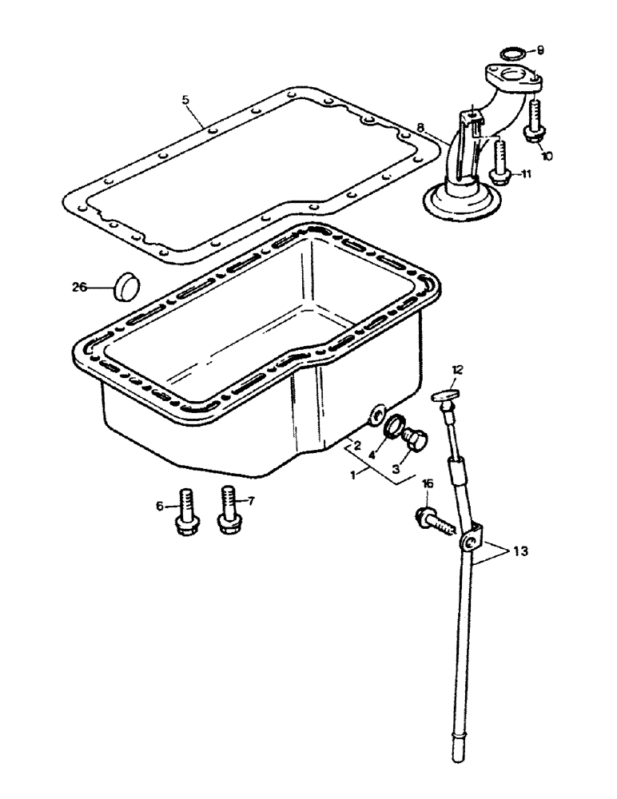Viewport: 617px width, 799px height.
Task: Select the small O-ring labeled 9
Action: [x=512, y=54]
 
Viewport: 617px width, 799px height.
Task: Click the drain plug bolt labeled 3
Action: [x=414, y=439]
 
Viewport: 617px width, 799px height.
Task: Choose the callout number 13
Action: [x=521, y=551]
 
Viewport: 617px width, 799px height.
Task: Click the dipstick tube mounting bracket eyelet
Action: [x=470, y=543]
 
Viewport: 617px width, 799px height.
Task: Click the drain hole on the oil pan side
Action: [x=373, y=415]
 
